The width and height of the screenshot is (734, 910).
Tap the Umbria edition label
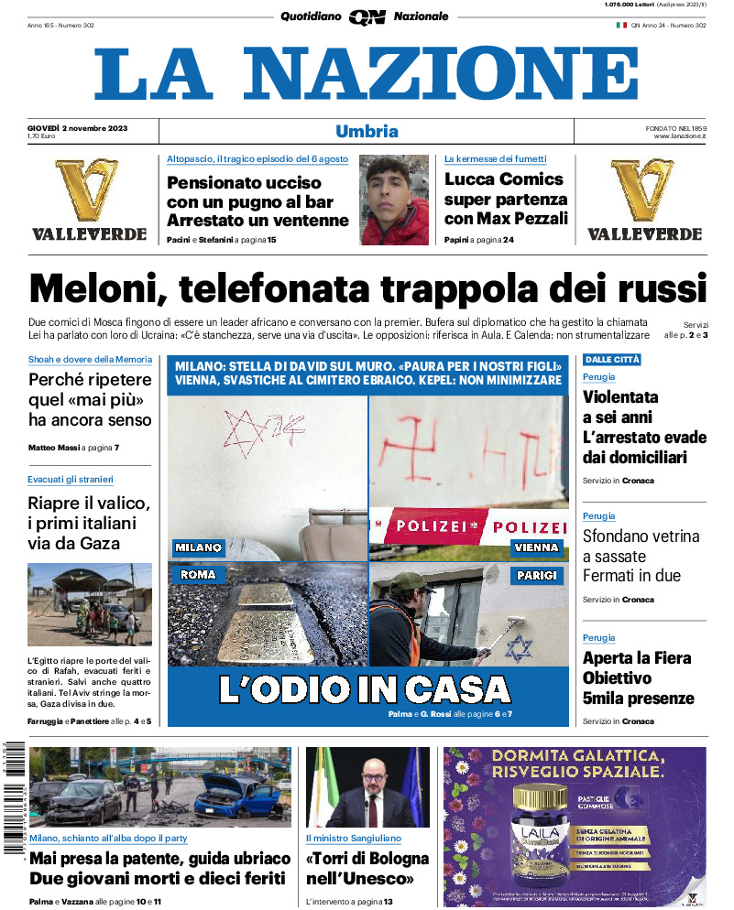tap(367, 131)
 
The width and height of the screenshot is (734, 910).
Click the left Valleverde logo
tap(89, 200)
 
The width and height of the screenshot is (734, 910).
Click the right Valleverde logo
tap(644, 200)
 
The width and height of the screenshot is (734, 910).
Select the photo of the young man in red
tap(394, 200)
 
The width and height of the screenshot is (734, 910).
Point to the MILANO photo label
tap(199, 547)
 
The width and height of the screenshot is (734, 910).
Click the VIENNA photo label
tap(536, 547)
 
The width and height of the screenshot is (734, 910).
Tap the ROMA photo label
tap(198, 575)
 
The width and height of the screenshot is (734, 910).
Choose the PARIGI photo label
tap(536, 575)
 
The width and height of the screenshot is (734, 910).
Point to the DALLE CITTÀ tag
tap(612, 360)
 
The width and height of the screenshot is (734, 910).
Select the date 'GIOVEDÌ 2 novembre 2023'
tap(78, 127)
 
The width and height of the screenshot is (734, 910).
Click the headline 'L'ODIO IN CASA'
tap(365, 688)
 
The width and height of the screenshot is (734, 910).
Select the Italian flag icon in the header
tap(620, 25)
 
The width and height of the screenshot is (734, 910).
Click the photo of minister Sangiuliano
tap(367, 787)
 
